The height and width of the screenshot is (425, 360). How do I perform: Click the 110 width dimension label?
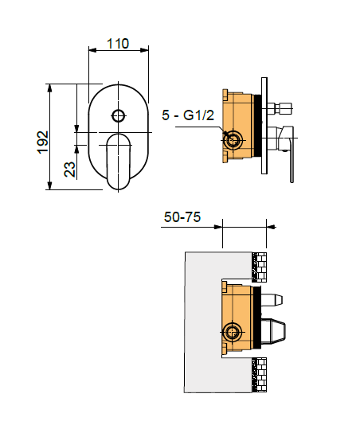[118, 44]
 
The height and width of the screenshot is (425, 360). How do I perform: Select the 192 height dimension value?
[43, 142]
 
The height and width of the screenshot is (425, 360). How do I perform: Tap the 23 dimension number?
[70, 170]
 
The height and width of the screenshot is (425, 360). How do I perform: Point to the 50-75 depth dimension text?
[182, 217]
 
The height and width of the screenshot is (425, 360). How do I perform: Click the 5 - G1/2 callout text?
[188, 115]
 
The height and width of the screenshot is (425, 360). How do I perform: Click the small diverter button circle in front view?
[119, 116]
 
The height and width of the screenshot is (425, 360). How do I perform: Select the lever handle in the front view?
[119, 162]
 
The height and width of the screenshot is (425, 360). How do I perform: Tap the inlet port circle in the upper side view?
[233, 140]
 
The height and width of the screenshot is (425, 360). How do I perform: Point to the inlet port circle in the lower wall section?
[232, 332]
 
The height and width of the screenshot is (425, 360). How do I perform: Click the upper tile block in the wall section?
[259, 267]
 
